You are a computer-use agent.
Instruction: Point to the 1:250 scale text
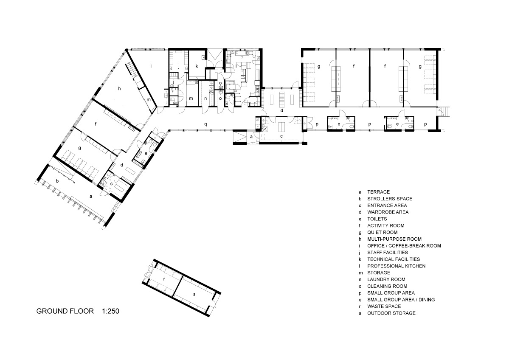coord(110,311)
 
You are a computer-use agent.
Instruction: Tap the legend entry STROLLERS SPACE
coord(389,198)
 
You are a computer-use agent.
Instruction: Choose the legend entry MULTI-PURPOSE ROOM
coord(394,239)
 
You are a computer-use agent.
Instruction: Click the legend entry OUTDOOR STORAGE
coord(391,313)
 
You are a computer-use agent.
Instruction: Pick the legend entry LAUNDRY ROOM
coord(386,279)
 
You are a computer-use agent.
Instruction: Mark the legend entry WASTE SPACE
coord(384,307)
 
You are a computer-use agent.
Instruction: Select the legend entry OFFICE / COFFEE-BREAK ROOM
coord(404,246)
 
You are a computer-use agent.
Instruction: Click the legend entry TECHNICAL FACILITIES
coord(393,259)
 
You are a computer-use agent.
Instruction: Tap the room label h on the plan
coord(120,88)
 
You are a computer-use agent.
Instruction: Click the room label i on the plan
coord(151,66)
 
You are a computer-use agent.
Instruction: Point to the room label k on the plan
coord(197,66)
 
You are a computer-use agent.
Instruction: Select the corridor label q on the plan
coord(206,124)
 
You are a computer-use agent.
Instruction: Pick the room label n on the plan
coord(206,98)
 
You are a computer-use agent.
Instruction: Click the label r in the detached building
coord(164,280)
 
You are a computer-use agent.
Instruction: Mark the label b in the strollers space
coord(57,181)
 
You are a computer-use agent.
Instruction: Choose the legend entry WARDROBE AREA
coord(388,212)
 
